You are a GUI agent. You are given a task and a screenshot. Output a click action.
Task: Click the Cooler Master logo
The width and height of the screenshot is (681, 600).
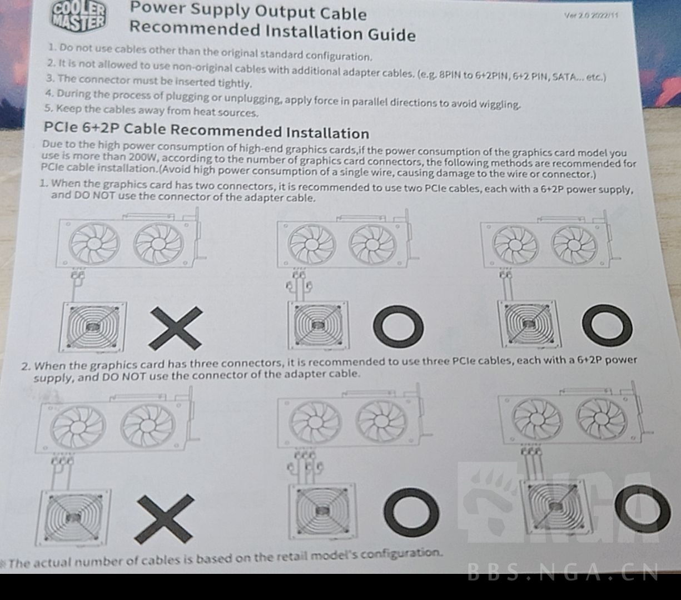[x=78, y=17]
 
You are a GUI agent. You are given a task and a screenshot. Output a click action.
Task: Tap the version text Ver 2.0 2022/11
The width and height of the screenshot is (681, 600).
[x=591, y=16]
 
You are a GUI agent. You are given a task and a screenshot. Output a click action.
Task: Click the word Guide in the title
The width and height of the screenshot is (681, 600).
[x=391, y=34]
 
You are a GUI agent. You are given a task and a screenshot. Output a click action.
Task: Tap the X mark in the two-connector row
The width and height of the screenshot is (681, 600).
[x=176, y=328]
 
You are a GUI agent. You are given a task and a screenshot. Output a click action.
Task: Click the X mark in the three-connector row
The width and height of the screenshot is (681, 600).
[x=164, y=519]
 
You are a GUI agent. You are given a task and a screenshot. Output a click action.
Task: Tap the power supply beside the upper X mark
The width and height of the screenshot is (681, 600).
[x=92, y=327]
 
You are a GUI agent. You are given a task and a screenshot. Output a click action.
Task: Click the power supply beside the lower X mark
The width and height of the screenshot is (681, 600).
[x=73, y=518]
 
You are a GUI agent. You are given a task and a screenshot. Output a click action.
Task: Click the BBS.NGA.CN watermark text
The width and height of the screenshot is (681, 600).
[x=563, y=572]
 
